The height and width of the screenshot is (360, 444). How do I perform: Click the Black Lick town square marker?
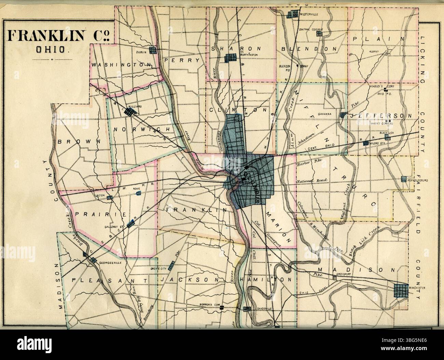coord(387,137)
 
